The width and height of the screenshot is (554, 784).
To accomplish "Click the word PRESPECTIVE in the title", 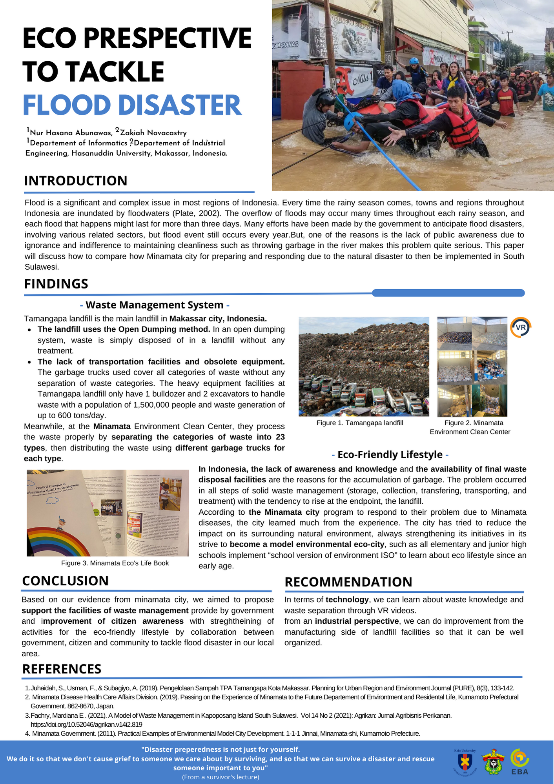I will [167, 38].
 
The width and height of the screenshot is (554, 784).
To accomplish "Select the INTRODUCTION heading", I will [76, 181].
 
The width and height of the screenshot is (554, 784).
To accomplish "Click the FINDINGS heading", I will [56, 284].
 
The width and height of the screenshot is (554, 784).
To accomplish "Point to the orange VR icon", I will [521, 327].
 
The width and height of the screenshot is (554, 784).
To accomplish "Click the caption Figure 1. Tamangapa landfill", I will [360, 423].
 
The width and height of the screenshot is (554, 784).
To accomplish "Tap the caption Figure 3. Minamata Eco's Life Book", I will [115, 563].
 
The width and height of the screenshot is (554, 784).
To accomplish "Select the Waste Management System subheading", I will [155, 305].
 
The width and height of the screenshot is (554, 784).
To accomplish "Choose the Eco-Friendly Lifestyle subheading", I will [390, 455].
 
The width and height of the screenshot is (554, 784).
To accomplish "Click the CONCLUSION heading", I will [65, 581].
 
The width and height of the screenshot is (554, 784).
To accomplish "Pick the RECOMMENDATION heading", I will [348, 582].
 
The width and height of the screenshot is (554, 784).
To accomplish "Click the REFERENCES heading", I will [62, 669].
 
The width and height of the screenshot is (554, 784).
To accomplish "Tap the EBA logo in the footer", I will [520, 762].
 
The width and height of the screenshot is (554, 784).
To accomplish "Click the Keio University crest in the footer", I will [465, 762].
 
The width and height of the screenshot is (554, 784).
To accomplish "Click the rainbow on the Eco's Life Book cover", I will [59, 543].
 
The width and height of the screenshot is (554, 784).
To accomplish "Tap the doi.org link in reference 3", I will [86, 724].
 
